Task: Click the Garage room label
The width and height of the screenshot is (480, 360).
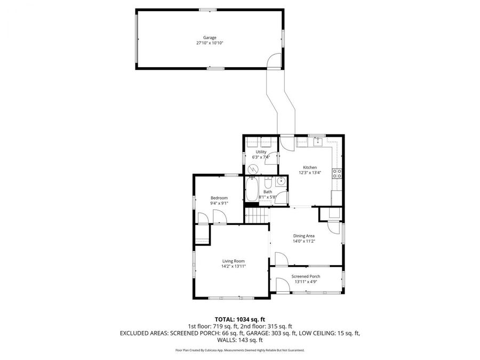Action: pyautogui.click(x=210, y=37)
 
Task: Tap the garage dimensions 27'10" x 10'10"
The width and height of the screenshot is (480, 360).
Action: pyautogui.click(x=210, y=43)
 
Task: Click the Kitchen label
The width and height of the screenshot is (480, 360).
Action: pyautogui.click(x=310, y=167)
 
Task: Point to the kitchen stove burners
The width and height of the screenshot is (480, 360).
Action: pyautogui.click(x=337, y=173)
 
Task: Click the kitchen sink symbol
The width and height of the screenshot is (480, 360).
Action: pyautogui.click(x=318, y=141)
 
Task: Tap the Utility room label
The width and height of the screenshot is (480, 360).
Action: pyautogui.click(x=261, y=152)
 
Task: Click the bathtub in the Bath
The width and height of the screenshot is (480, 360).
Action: pyautogui.click(x=252, y=189)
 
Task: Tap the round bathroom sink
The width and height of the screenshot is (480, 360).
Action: pyautogui.click(x=282, y=182)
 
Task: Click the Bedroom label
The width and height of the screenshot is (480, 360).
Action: pyautogui.click(x=219, y=198)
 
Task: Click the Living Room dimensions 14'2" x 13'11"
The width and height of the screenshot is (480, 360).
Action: pyautogui.click(x=234, y=266)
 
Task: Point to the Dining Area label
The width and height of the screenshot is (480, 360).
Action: pyautogui.click(x=304, y=236)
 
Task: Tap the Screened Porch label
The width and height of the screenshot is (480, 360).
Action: pyautogui.click(x=306, y=276)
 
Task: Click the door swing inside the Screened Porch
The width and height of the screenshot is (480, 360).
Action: pyautogui.click(x=280, y=286)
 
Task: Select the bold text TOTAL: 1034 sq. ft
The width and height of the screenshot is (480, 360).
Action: pyautogui.click(x=239, y=319)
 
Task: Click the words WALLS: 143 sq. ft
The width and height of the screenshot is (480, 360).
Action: pyautogui.click(x=239, y=340)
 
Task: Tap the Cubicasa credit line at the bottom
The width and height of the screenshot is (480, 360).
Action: pyautogui.click(x=239, y=350)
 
